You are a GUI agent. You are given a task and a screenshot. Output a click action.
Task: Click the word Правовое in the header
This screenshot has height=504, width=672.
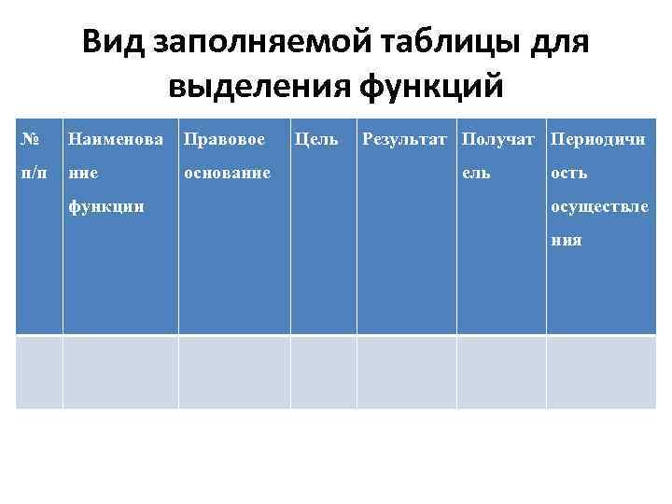[224, 140]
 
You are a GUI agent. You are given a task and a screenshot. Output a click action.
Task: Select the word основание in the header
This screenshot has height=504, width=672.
[228, 174]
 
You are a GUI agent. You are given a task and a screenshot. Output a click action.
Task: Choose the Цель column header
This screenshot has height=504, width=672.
[316, 140]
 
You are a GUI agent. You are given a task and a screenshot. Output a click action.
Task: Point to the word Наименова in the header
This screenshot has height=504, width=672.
[116, 140]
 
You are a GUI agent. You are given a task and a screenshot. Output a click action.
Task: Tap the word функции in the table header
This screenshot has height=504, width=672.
[106, 206]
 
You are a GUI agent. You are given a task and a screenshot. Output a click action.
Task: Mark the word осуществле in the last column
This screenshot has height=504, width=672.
[599, 206]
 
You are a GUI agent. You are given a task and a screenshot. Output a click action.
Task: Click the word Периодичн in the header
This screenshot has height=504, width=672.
[599, 140]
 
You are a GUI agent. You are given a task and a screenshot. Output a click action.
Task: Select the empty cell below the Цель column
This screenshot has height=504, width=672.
[323, 371]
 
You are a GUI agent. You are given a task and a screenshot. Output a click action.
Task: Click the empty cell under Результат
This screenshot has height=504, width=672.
[406, 371]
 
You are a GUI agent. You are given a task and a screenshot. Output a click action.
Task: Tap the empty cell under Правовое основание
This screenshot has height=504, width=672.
[234, 371]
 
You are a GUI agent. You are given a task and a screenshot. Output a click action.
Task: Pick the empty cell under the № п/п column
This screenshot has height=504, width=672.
[39, 371]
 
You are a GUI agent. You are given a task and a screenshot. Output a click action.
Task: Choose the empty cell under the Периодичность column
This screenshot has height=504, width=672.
[600, 371]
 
